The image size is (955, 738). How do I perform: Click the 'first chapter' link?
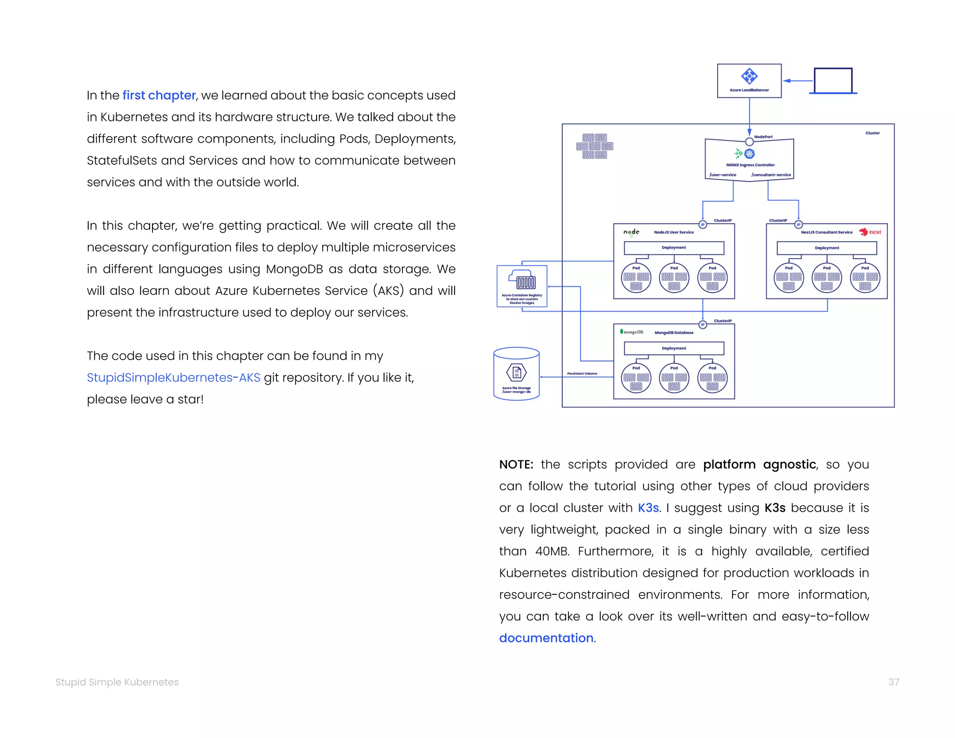point(159,96)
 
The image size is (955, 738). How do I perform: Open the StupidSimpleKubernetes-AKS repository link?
point(173,377)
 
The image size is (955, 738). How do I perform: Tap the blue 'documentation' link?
point(546,638)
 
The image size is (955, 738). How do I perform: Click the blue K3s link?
point(648,508)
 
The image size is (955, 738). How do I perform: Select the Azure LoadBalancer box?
point(749,81)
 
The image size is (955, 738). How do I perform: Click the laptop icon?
point(833,81)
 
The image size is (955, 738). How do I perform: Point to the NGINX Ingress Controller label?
point(750,165)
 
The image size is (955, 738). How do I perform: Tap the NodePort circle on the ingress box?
point(749,142)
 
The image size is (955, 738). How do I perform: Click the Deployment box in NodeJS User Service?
point(674,248)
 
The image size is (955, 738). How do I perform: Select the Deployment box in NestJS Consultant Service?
point(826,248)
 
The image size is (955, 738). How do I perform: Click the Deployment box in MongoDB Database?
point(674,348)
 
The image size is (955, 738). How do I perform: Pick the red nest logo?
point(870,232)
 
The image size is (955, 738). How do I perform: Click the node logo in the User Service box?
point(631,232)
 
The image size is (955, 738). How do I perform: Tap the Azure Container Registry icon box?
point(522,286)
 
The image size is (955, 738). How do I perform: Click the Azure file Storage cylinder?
point(516,374)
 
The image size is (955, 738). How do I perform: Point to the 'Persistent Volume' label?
point(582,373)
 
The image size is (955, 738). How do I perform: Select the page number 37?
point(893,682)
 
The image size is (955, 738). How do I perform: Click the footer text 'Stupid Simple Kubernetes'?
point(117,682)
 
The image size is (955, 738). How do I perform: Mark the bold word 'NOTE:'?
point(516,465)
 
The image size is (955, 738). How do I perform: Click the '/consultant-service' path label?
point(771,175)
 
